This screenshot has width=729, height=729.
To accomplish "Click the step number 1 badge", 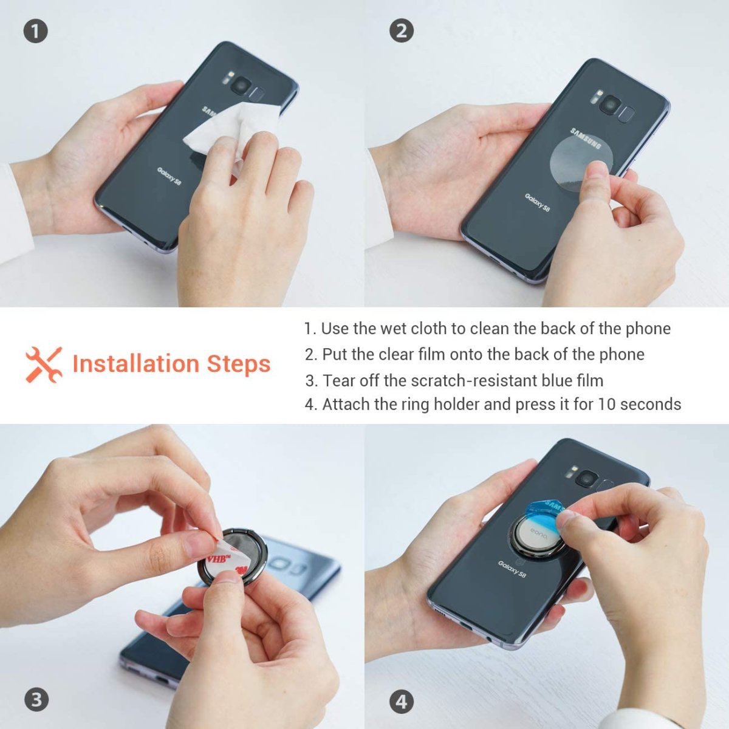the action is tap(36, 31).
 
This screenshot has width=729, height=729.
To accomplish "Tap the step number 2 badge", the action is tap(401, 31).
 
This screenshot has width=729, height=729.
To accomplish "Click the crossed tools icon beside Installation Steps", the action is tap(44, 364).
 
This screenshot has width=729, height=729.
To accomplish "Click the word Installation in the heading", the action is tap(136, 363).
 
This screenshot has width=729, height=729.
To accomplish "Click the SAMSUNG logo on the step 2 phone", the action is tap(586, 138).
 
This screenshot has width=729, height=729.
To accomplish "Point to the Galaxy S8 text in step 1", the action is tap(169, 176).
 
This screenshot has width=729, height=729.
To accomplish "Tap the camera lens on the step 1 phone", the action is tap(241, 86).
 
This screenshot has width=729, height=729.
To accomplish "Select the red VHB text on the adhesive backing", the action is tap(219, 558).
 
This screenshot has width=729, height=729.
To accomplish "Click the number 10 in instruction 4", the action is tap(607, 404).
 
